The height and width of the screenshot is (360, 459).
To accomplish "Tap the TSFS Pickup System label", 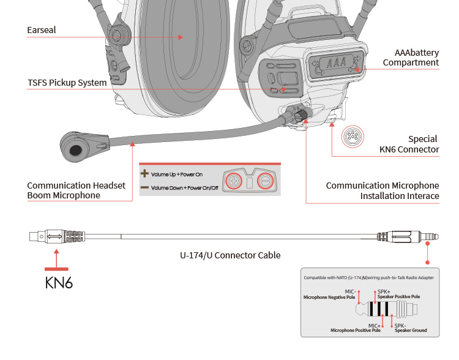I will click(x=67, y=83).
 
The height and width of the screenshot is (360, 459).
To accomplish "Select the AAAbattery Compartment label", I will click(x=411, y=58).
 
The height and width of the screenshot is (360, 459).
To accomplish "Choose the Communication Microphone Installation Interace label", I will click(x=382, y=190).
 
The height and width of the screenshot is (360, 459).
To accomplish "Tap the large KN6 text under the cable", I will click(x=59, y=283).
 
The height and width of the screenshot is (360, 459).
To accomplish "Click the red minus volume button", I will click(x=264, y=181).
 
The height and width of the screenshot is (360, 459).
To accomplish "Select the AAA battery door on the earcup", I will click(x=336, y=63).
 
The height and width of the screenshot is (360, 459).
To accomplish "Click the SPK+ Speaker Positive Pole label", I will click(x=398, y=294).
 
